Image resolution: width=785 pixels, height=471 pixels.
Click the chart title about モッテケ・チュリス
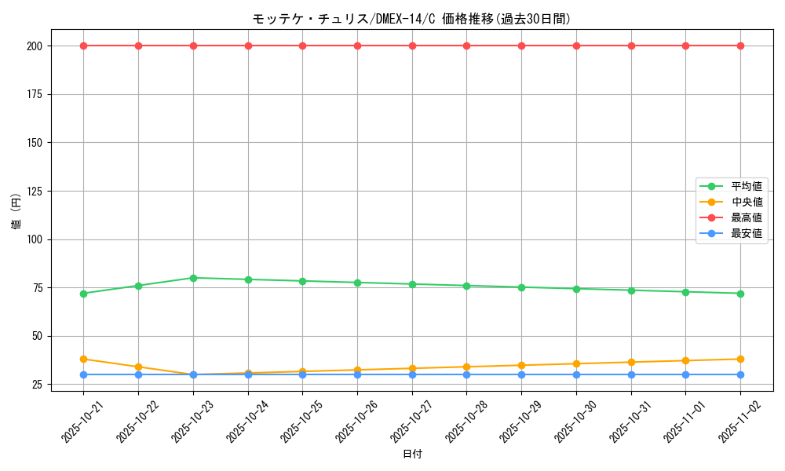[x=411, y=19]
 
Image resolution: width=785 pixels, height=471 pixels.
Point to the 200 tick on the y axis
[x=36, y=46]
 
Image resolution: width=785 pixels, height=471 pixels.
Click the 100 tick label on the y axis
[x=36, y=239]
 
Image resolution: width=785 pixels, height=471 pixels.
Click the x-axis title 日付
[x=412, y=455]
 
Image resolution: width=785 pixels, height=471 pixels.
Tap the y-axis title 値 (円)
[x=16, y=211]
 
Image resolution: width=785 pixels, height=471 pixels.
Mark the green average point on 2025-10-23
[x=193, y=278]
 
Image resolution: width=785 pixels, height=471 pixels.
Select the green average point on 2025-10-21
[x=83, y=294]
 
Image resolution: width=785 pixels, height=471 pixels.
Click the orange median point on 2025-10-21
[x=83, y=359]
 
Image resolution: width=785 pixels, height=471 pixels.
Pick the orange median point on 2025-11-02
[x=740, y=359]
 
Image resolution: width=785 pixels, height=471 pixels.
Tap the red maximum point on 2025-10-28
[x=466, y=46]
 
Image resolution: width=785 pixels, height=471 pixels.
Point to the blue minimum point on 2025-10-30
[x=576, y=374]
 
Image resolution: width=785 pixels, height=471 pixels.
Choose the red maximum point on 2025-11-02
[x=740, y=46]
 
